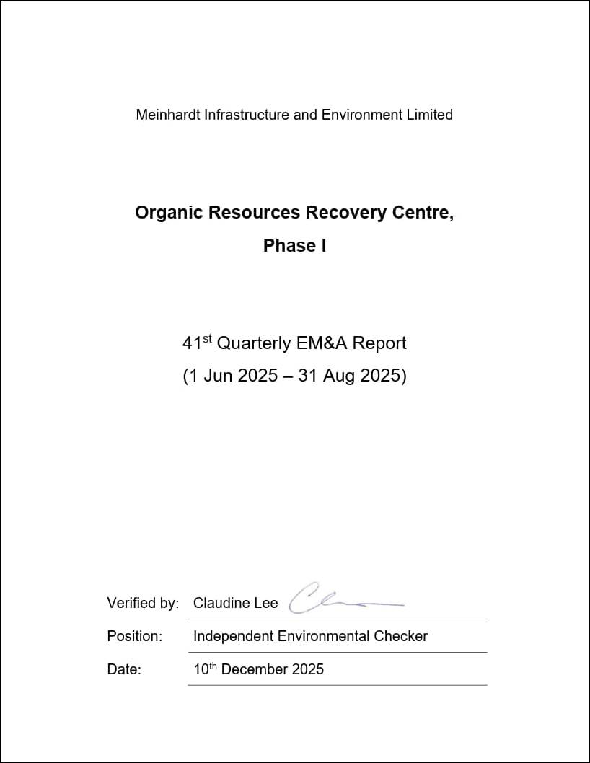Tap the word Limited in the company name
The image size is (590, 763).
coord(429,115)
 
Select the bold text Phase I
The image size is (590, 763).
coord(294,246)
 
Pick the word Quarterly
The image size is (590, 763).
coord(254,343)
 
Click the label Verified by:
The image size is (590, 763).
coord(143,604)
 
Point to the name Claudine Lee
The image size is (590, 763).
coord(235,604)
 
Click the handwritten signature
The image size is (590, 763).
coord(339,600)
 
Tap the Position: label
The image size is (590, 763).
coord(134,637)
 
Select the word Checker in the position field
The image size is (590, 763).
coord(400,637)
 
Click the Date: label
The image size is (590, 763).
coord(124,670)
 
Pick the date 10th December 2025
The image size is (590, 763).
coord(258,669)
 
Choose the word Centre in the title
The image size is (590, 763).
coord(426,213)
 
